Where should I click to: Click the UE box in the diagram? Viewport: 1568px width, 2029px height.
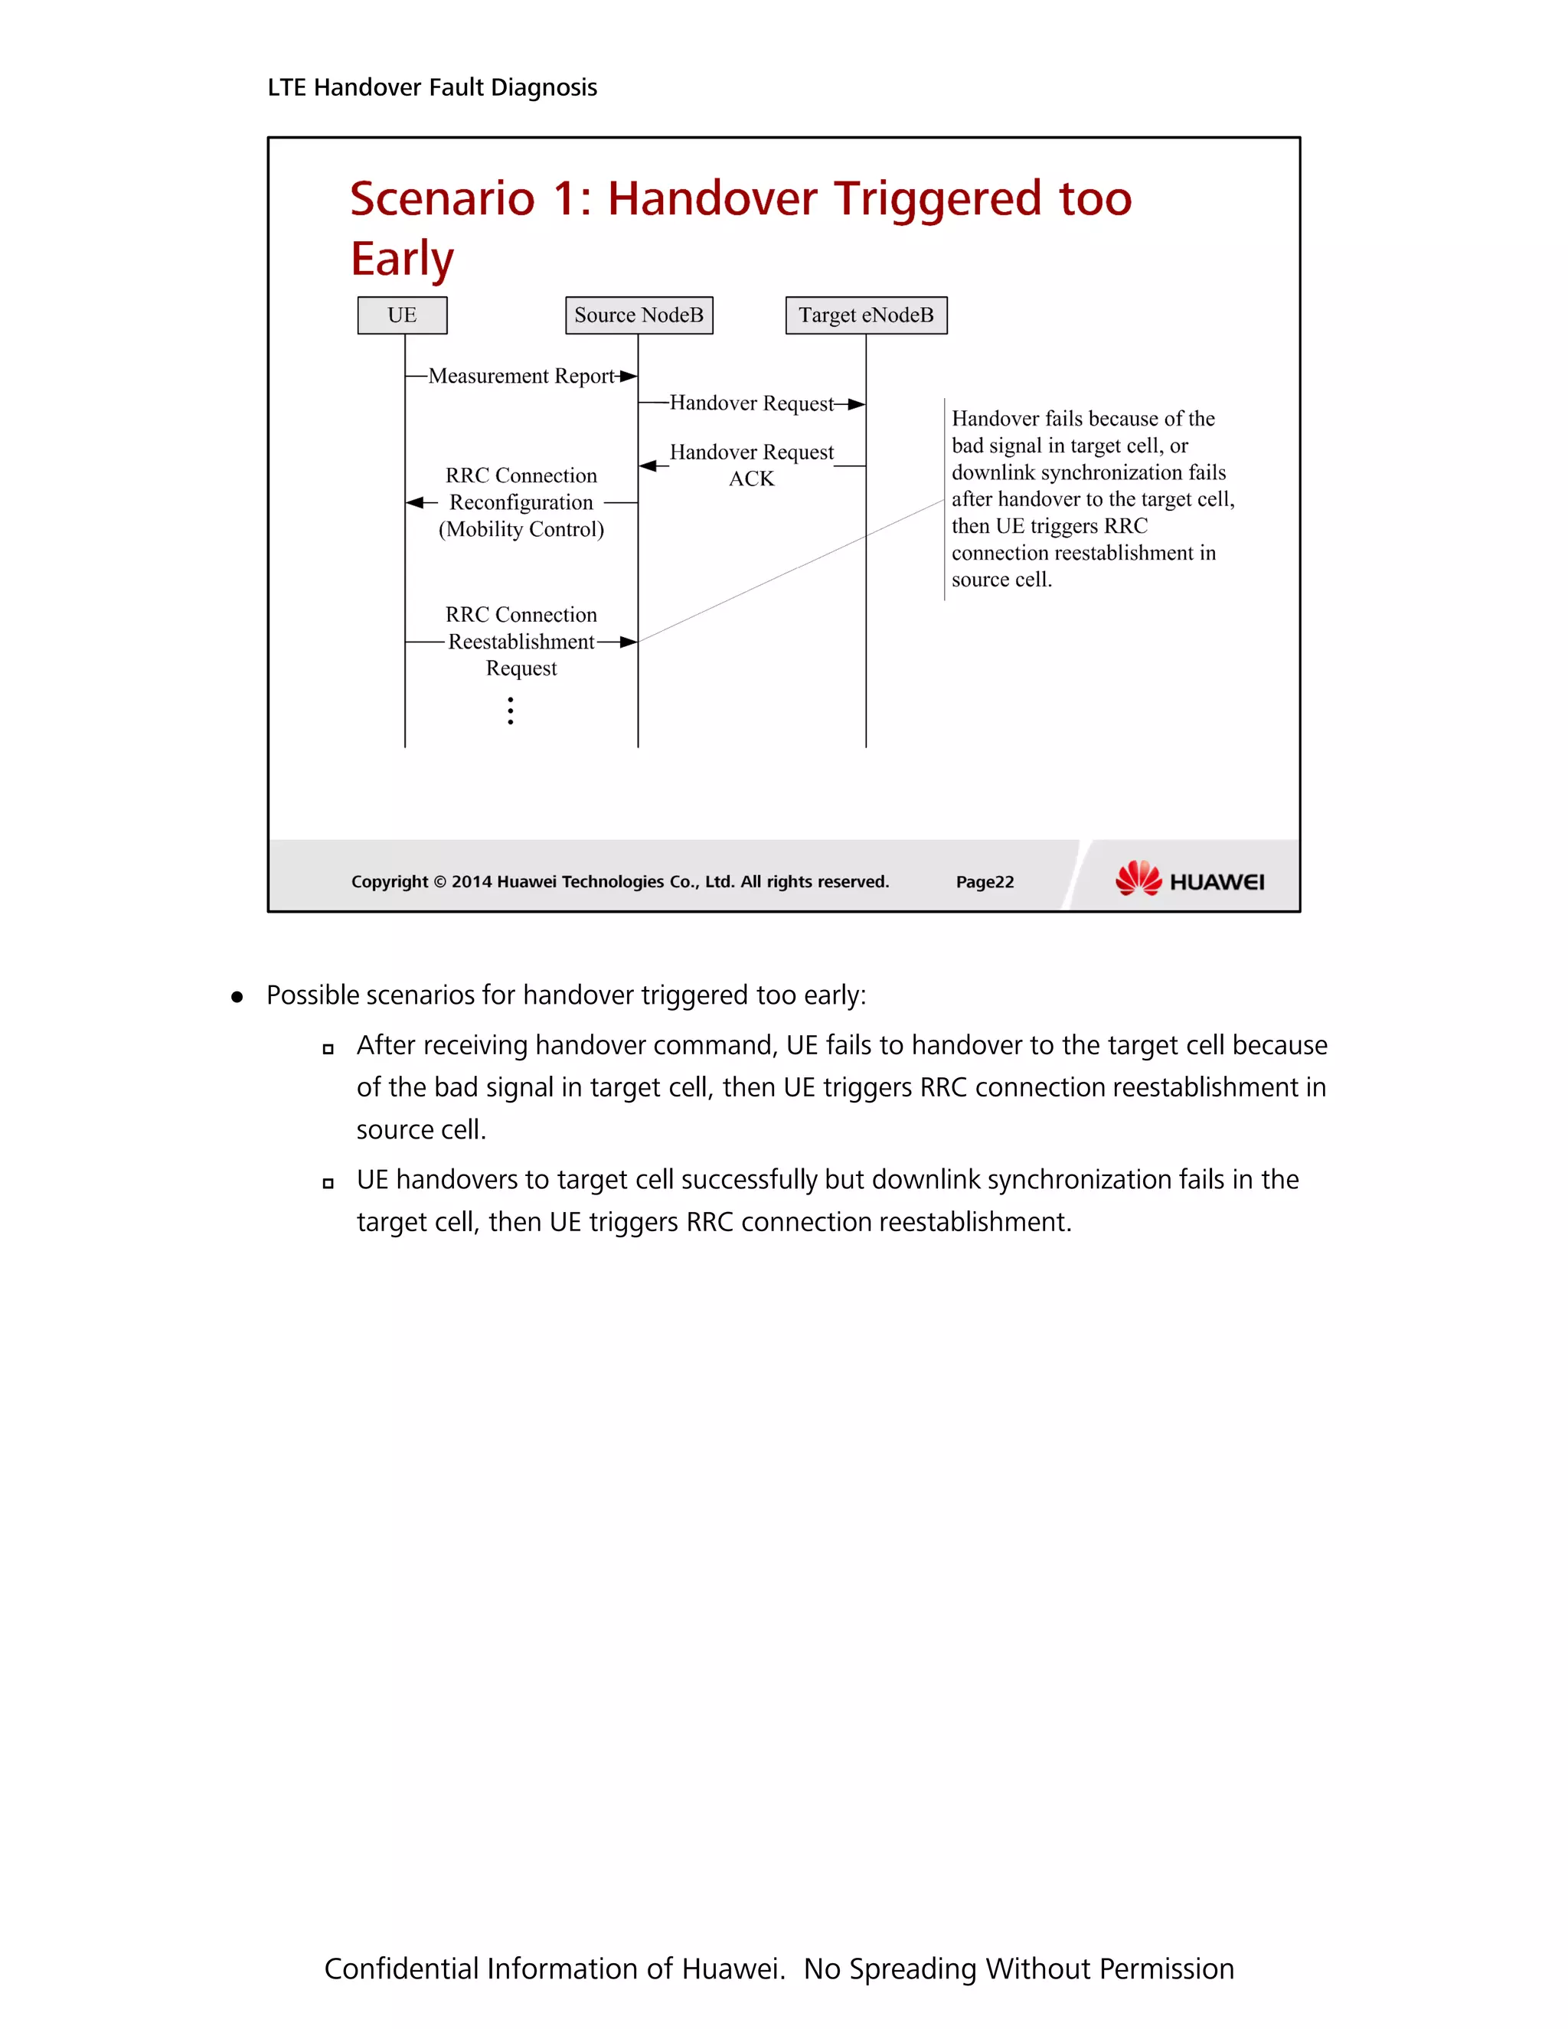[402, 315]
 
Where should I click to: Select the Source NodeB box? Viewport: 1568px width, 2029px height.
[639, 315]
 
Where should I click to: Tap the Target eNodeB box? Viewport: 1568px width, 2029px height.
[866, 315]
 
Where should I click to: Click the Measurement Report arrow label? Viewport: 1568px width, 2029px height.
[521, 376]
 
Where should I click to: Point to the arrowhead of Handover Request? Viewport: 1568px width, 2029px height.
[857, 404]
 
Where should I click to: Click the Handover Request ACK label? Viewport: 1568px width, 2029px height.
[752, 465]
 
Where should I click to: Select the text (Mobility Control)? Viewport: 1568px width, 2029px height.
[521, 530]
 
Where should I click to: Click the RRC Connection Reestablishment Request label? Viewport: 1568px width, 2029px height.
[521, 641]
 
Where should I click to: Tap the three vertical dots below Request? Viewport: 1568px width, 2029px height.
[511, 711]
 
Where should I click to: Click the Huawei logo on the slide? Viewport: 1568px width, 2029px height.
[1189, 879]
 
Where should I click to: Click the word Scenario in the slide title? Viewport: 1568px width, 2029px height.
[443, 199]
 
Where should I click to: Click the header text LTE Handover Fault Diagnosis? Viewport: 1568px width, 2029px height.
[432, 87]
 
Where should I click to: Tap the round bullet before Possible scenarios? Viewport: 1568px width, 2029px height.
[237, 998]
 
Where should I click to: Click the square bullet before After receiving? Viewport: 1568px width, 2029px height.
[328, 1050]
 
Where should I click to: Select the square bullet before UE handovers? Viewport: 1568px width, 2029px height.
[328, 1184]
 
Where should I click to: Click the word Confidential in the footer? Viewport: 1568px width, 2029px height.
[400, 1969]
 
